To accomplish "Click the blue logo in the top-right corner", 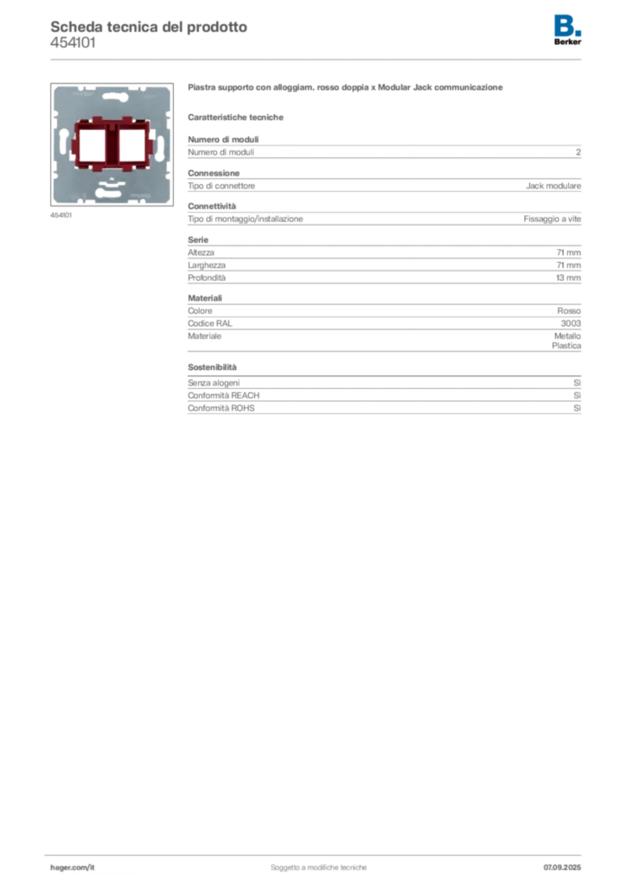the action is pos(568,23).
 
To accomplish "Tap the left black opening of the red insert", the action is pos(90,144).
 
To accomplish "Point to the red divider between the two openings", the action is pos(111,144).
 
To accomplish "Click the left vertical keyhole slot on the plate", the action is pos(63,138).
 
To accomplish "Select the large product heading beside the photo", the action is pos(344,89).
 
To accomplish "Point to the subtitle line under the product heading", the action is pos(239,116).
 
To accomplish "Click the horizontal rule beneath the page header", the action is pos(318,59).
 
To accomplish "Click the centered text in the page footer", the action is pos(320,863).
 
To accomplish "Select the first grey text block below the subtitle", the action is pos(384,152).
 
